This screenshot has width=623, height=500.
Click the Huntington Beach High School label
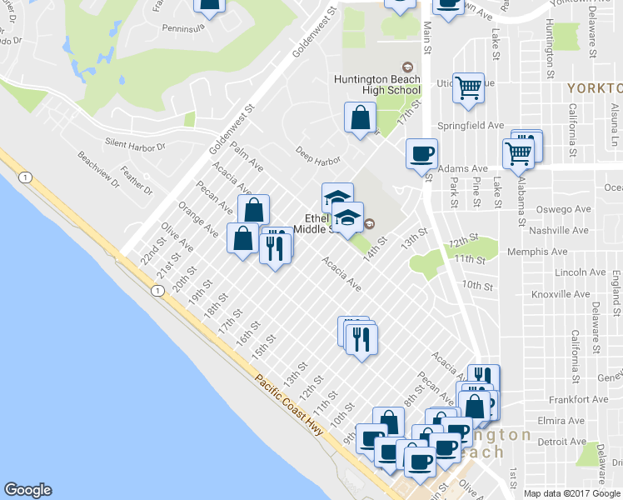(x=376, y=84)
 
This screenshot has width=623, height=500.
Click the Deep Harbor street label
(x=319, y=156)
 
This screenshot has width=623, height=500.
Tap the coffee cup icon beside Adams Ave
(x=421, y=153)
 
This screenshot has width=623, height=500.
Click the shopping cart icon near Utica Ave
(x=469, y=87)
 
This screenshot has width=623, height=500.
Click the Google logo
(x=27, y=490)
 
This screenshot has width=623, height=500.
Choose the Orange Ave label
(x=192, y=218)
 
